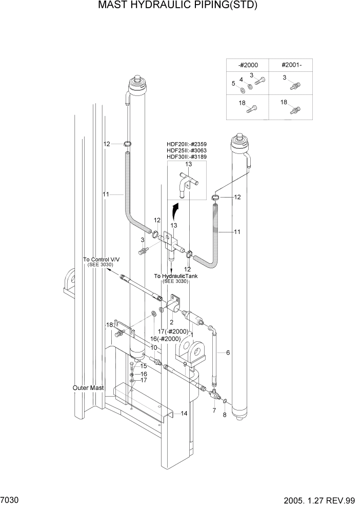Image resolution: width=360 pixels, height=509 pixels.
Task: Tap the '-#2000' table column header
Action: [x=248, y=65]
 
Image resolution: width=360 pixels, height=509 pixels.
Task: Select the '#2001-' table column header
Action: [x=291, y=65]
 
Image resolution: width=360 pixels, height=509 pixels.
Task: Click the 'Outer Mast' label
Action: [x=88, y=388]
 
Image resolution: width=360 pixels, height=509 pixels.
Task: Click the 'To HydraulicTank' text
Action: [x=176, y=276]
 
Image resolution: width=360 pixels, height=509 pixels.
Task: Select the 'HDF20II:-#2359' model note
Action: [x=187, y=144]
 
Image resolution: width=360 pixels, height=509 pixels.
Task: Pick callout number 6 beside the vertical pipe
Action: [x=228, y=353]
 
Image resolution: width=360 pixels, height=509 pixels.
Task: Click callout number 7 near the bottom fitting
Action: [x=214, y=410]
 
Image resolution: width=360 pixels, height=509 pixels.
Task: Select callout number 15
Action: [x=144, y=366]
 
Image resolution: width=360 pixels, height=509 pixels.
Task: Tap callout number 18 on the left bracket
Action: [x=109, y=325]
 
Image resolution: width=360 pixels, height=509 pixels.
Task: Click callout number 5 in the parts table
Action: [x=233, y=84]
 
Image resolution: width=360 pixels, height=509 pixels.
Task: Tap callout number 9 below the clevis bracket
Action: [x=185, y=364]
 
